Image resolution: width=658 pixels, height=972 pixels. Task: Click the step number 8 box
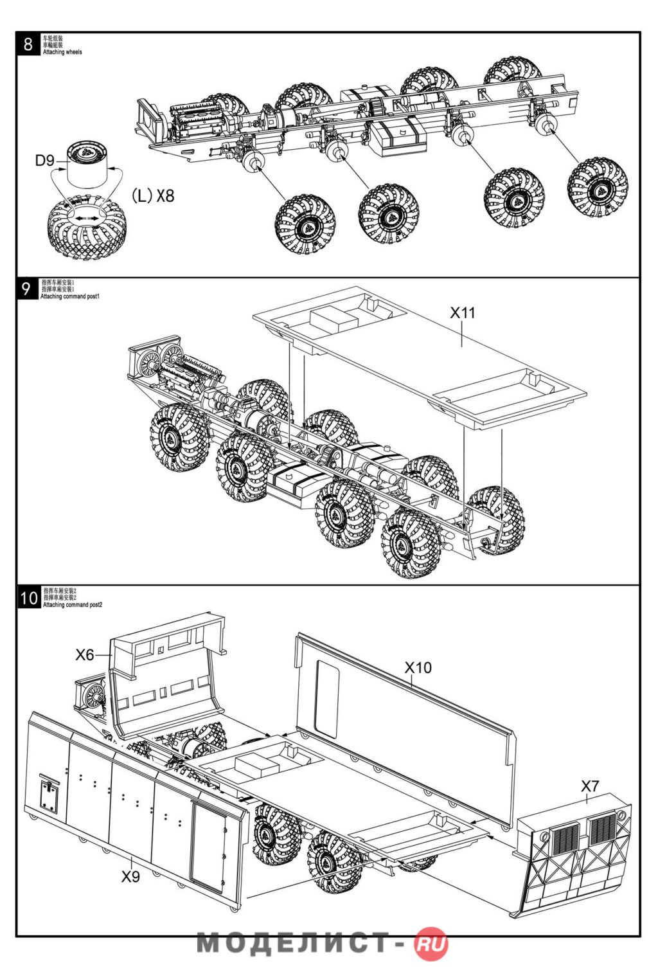[28, 44]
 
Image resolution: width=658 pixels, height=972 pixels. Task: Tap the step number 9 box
[26, 289]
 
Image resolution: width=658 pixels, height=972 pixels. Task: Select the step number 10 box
[29, 598]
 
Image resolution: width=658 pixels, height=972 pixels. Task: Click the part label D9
[45, 161]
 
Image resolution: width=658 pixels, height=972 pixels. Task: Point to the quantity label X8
[165, 195]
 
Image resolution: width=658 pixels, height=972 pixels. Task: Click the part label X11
[462, 313]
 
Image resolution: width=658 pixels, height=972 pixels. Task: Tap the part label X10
[418, 668]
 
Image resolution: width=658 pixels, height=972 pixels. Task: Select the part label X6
[85, 655]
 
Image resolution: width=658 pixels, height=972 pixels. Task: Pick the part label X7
[590, 786]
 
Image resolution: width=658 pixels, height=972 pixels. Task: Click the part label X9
[130, 876]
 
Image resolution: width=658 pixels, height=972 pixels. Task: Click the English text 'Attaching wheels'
[62, 52]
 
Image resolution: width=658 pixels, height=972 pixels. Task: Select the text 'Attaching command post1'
[70, 296]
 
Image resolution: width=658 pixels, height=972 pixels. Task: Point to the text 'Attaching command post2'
[73, 605]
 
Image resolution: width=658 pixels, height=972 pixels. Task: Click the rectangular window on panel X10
[326, 701]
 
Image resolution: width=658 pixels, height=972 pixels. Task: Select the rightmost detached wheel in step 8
[598, 187]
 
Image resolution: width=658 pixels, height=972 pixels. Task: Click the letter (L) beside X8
[142, 195]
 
